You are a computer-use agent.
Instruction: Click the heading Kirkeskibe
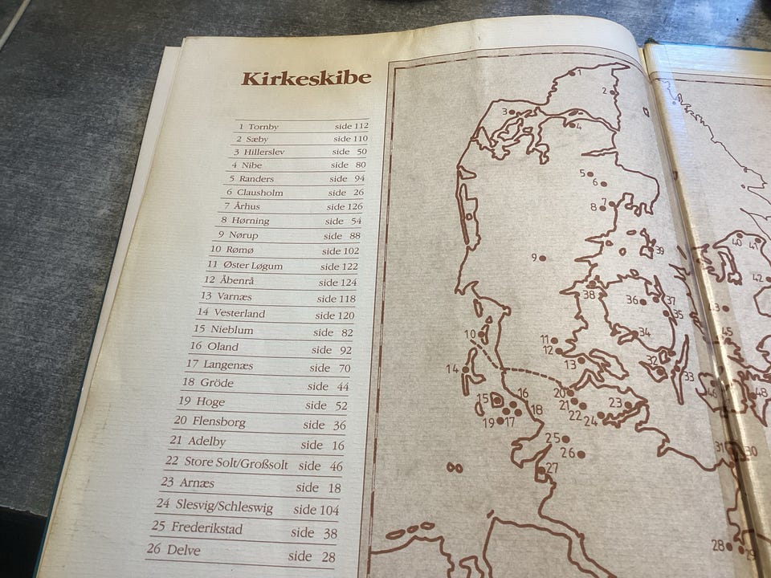point(306,78)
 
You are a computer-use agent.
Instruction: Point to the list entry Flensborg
point(218,421)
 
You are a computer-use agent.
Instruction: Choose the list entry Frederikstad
point(206,530)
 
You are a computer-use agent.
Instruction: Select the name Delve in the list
point(185,552)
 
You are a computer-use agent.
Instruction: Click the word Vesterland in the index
point(239,313)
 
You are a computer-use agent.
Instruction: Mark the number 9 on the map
point(534,258)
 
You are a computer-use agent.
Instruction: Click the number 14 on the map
point(452,368)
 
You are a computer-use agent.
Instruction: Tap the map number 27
point(552,467)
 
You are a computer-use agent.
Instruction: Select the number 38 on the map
point(589,295)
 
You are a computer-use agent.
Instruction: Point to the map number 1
point(577,72)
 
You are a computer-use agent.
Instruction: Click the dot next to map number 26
point(581,454)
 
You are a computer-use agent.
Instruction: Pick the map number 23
point(615,402)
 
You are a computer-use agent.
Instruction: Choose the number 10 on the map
point(470,334)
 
